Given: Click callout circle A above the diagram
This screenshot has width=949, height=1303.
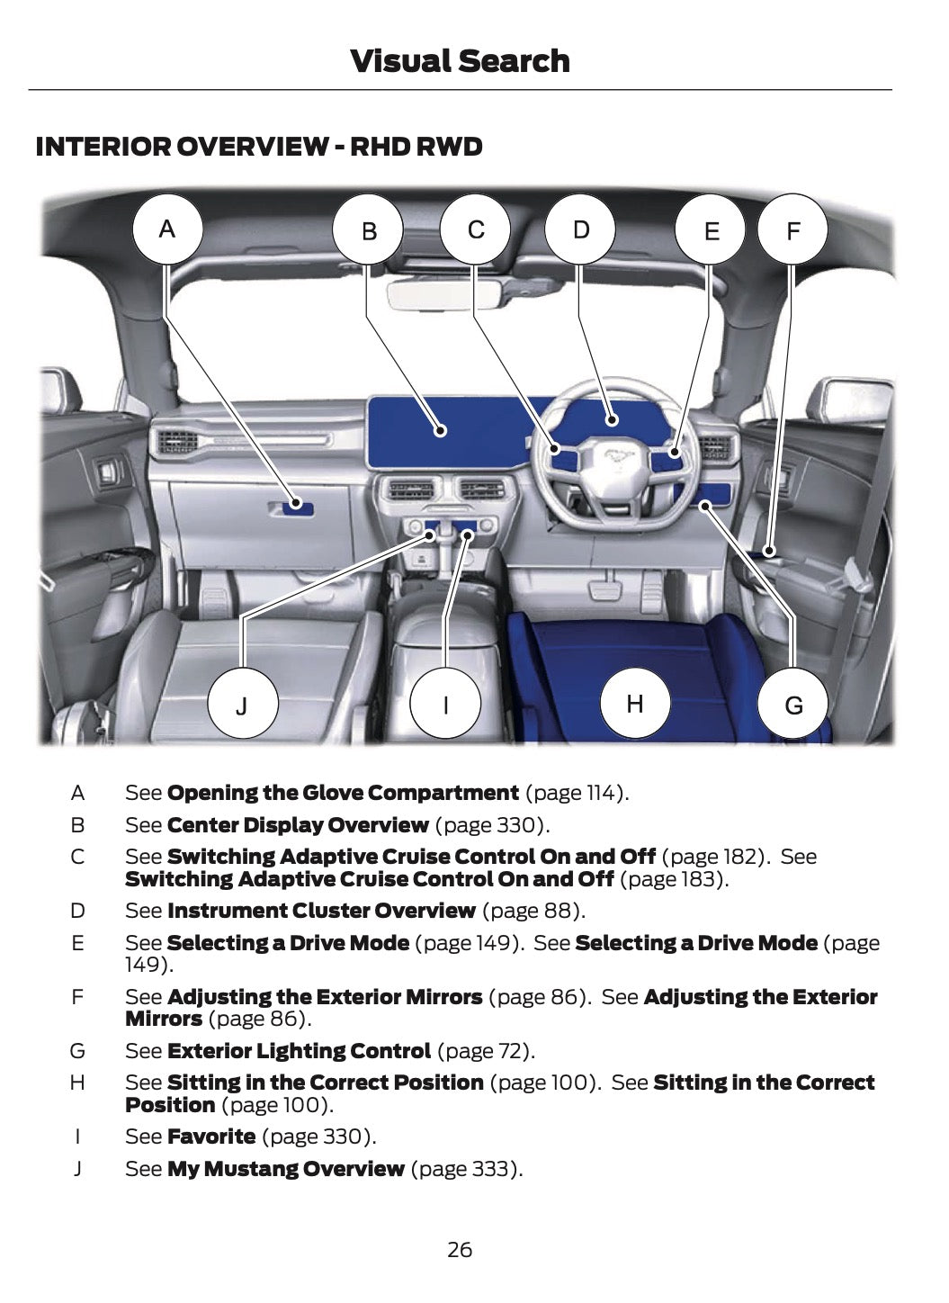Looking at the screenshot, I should point(167,229).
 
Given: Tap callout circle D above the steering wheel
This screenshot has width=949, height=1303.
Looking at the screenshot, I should point(581,229).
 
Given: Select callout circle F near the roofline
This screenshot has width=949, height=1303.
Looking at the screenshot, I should point(792,231).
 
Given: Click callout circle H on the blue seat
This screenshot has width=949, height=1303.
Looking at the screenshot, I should point(635,703).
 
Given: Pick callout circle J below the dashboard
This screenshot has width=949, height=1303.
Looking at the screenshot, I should point(242,705).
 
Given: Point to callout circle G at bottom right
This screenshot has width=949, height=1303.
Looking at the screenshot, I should point(793,705).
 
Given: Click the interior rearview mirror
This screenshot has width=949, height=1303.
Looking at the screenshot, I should point(445,293).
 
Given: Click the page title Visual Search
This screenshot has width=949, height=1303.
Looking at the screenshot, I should point(460,61).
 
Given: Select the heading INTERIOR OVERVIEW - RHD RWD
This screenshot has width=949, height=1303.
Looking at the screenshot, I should point(259,147).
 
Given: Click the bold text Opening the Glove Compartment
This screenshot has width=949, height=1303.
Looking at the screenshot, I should point(343,793).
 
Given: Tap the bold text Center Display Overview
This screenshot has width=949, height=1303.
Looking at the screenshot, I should point(298,825).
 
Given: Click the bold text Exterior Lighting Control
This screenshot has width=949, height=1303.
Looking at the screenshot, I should point(299,1051).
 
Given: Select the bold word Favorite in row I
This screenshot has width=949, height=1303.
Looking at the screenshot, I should point(211,1137).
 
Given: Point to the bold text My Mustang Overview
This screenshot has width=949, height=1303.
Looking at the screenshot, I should point(286,1169).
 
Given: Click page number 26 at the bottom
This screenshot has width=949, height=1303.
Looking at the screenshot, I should point(459,1250).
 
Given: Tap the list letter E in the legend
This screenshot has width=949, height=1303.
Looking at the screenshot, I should point(77,943).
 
